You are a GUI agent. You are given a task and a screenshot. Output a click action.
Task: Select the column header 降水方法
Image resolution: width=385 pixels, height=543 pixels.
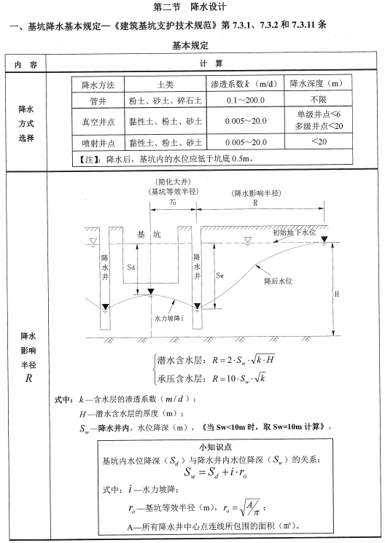(x=98, y=84)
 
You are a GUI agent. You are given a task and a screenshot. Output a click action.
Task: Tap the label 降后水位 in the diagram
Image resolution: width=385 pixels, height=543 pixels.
(x=276, y=281)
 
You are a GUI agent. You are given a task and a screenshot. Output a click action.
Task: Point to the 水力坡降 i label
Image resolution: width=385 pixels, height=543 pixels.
(x=169, y=319)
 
